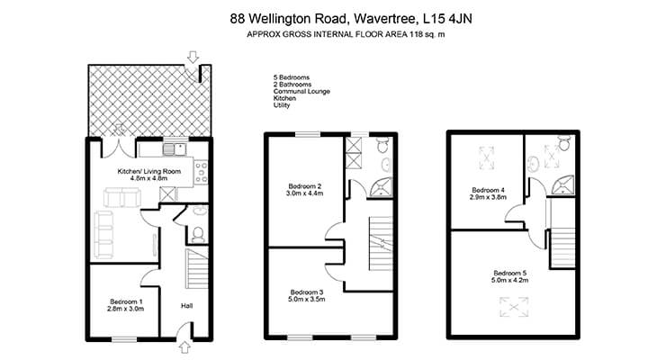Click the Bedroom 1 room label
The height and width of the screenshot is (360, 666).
point(126,301)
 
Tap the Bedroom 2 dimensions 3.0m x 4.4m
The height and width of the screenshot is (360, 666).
point(305,193)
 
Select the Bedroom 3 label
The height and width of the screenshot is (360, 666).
point(307,292)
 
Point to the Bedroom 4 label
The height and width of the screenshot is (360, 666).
point(488,190)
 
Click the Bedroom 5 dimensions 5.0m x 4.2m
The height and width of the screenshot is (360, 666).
point(509,280)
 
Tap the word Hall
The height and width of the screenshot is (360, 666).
point(187,306)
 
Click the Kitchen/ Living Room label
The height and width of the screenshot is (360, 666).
point(149,172)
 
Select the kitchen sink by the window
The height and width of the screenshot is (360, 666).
point(174,149)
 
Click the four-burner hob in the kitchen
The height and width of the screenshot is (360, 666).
point(201,172)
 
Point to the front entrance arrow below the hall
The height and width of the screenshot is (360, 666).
point(184,347)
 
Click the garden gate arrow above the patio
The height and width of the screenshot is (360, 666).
point(193,57)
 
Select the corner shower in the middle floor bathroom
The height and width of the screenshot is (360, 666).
point(381,187)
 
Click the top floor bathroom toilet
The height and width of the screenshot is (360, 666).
point(564,143)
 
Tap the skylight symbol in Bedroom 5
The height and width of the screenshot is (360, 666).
point(514,307)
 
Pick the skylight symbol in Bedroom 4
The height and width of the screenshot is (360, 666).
point(486,157)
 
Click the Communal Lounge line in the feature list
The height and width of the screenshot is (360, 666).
point(301,91)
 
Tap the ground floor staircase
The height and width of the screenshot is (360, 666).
point(197,269)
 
